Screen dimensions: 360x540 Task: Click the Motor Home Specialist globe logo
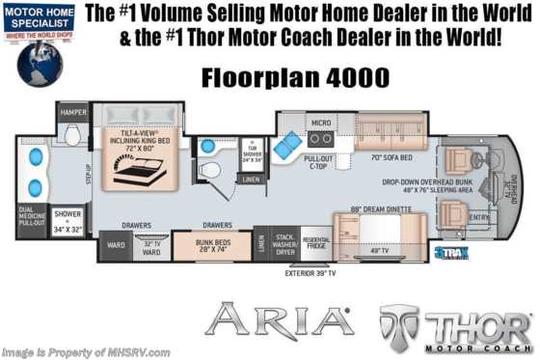pos(40,56)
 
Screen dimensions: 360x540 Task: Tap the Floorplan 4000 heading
pos(283,75)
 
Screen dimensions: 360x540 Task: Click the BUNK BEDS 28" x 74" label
pos(210,245)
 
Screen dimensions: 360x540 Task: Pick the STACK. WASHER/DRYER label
pos(285,243)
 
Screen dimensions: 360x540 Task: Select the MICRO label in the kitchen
pos(320,122)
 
